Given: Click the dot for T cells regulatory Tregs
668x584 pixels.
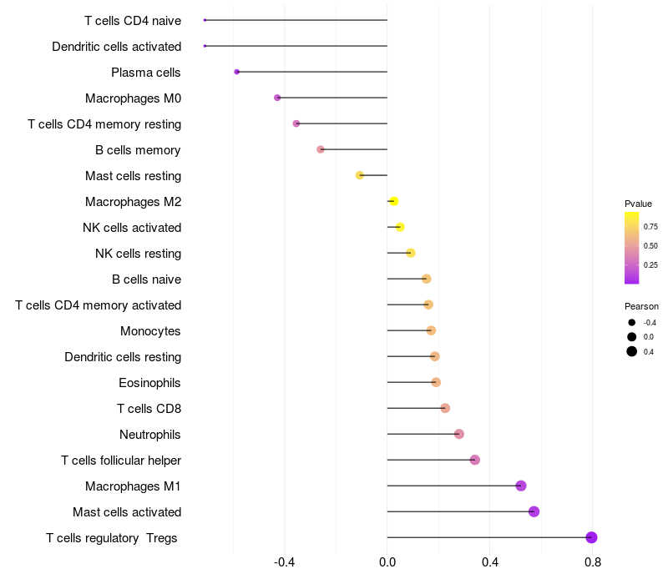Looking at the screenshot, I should (591, 537).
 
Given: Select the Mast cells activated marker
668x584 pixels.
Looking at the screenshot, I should (534, 511).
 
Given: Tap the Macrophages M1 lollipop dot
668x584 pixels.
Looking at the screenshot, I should (521, 486).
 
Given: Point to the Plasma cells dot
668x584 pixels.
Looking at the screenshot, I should (237, 72).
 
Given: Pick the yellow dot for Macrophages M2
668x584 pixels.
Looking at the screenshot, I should (394, 201).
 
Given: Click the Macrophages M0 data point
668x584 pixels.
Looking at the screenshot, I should (277, 98).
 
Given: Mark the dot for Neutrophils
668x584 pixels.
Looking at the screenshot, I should (459, 434).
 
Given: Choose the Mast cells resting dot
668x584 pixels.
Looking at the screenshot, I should (360, 175).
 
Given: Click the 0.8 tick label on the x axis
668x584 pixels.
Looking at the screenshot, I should (592, 562).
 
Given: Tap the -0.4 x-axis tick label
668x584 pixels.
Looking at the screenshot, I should (285, 562).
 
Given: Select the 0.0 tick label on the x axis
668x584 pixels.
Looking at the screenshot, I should (387, 562).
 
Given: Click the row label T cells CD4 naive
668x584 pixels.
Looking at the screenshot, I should (133, 20).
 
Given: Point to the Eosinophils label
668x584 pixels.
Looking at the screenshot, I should (150, 383).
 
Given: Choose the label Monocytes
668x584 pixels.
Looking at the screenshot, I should (150, 331).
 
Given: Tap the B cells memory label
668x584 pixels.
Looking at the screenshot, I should (138, 150).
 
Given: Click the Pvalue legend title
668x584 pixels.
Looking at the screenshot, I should (638, 204).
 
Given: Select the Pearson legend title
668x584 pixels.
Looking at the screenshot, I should (641, 306).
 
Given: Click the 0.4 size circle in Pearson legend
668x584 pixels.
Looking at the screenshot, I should (632, 351).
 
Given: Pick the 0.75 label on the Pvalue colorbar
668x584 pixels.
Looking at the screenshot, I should (650, 226).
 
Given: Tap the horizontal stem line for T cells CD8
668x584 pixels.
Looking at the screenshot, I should (413, 408).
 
